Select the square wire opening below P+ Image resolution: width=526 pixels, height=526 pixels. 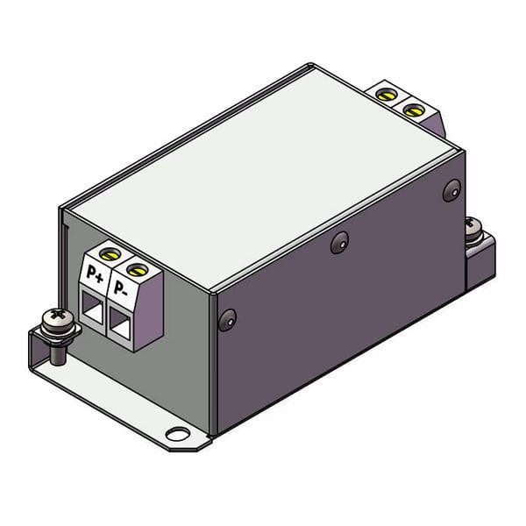pos(91,307)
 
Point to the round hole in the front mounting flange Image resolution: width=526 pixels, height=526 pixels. pos(178,433)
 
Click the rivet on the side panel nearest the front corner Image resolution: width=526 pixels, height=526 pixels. pos(227,319)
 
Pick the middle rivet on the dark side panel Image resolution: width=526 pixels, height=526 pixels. pos(340,243)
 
